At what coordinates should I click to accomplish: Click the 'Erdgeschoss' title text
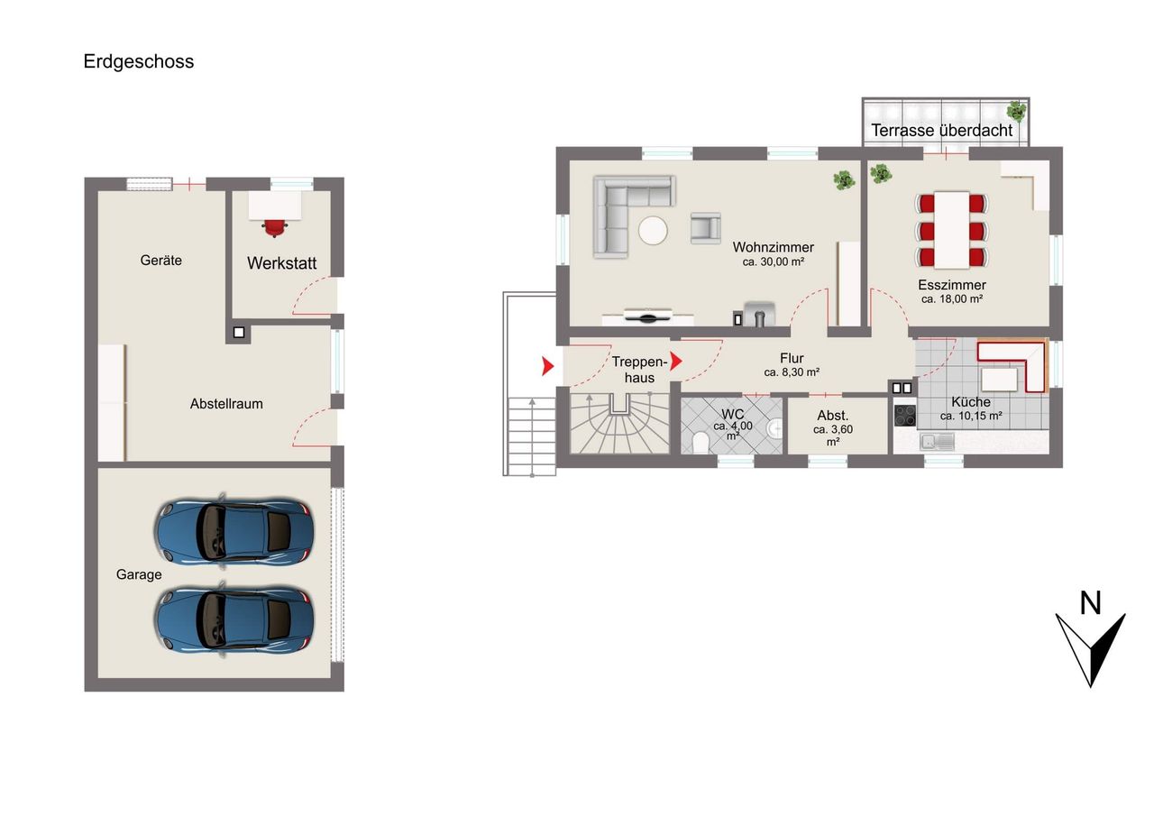[x=139, y=61]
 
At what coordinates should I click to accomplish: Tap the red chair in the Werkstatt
[x=275, y=226]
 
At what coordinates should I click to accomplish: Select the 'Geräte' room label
[x=160, y=261]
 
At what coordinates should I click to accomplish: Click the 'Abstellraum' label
[x=226, y=403]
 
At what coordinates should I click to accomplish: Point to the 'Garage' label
[x=139, y=573]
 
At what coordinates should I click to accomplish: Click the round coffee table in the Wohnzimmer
[x=654, y=230]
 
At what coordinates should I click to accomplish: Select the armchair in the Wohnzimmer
[x=705, y=228]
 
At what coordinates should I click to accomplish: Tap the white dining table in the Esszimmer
[x=952, y=230]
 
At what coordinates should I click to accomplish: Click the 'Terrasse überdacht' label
[x=942, y=131]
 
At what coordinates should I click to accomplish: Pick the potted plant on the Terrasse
[x=1016, y=111]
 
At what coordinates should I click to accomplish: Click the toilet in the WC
[x=701, y=443]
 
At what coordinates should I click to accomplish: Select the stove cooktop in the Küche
[x=905, y=416]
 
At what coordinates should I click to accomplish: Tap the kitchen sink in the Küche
[x=937, y=442]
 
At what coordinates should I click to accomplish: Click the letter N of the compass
[x=1090, y=603]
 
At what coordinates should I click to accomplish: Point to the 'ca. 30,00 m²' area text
[x=774, y=261]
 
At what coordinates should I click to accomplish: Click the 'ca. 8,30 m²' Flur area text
[x=792, y=372]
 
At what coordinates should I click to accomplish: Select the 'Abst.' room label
[x=832, y=415]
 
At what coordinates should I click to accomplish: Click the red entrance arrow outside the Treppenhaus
[x=547, y=366]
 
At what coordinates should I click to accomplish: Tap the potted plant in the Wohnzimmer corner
[x=845, y=179]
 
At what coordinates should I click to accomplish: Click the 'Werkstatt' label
[x=282, y=263]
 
